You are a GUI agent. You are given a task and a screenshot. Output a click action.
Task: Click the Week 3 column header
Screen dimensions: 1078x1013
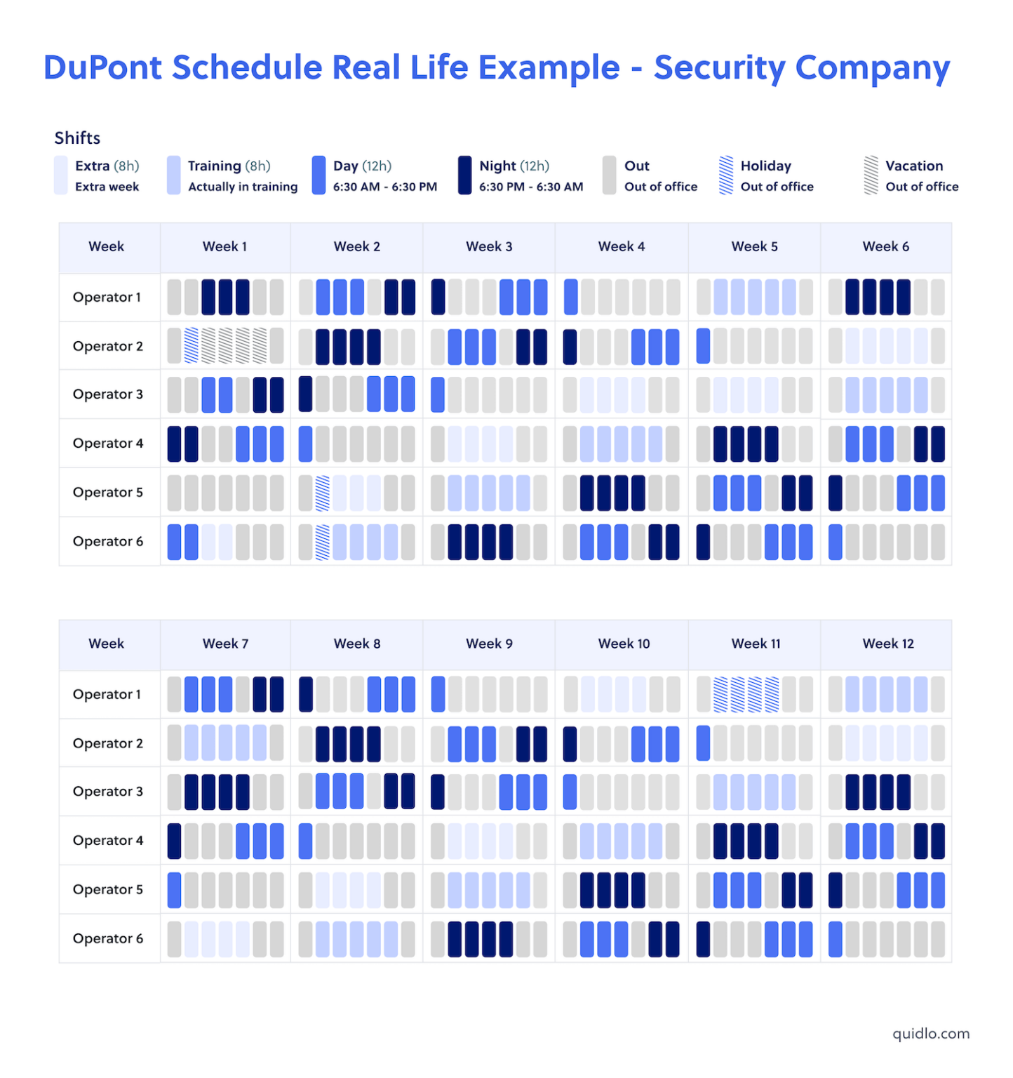(x=489, y=246)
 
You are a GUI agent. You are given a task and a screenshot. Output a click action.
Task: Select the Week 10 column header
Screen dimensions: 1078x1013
(x=624, y=644)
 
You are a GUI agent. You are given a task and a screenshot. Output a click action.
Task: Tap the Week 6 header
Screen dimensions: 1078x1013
(x=885, y=246)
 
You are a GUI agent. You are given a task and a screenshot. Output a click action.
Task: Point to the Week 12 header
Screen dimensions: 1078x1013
(x=888, y=644)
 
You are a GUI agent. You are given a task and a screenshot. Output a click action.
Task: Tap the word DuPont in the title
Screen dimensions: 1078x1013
(x=102, y=68)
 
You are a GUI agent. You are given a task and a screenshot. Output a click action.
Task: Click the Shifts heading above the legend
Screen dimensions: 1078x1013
(x=77, y=138)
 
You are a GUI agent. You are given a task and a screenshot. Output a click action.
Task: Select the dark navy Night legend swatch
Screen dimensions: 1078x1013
(x=464, y=175)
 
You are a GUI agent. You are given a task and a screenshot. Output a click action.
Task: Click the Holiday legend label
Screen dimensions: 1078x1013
(x=765, y=166)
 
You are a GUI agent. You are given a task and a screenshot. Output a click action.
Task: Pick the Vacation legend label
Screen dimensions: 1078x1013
(x=913, y=166)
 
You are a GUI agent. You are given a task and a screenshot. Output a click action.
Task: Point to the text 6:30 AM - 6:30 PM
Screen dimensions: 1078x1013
(x=384, y=187)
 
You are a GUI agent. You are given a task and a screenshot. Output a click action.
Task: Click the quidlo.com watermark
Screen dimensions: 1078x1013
(x=931, y=1033)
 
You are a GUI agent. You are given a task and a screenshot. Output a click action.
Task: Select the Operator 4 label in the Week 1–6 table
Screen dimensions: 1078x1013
(x=108, y=444)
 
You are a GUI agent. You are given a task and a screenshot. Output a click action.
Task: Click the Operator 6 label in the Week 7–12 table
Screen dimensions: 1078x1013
(x=108, y=938)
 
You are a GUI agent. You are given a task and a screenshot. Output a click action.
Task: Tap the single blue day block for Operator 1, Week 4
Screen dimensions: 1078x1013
(x=571, y=297)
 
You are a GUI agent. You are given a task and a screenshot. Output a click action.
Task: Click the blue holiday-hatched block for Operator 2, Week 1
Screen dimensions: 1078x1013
(x=192, y=346)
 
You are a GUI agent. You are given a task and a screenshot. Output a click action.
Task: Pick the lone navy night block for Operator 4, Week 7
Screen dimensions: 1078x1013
(x=174, y=841)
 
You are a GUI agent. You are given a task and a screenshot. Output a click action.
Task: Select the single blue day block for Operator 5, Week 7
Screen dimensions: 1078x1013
(x=174, y=890)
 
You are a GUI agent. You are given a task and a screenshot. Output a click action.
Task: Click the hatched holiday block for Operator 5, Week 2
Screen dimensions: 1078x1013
(x=323, y=493)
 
